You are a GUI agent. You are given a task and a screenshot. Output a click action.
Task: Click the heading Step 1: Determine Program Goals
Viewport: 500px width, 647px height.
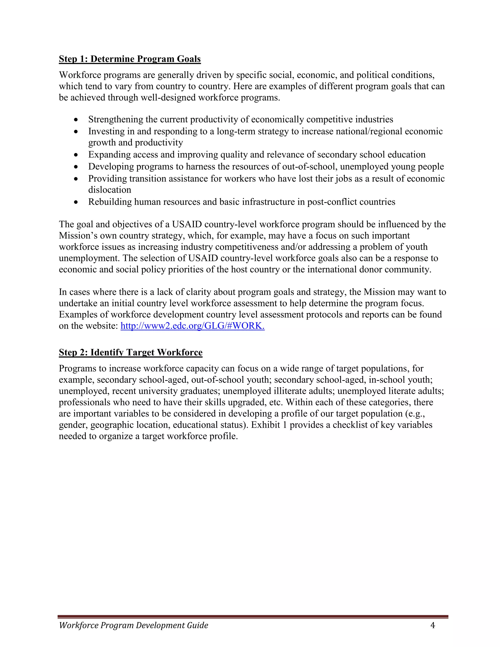point(130,59)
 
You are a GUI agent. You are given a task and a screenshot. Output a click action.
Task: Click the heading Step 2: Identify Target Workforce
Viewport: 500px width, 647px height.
point(131,352)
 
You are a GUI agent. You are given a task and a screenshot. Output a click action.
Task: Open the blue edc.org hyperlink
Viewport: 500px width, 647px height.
point(193,326)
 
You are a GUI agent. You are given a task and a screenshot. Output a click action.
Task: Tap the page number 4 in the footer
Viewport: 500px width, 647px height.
point(432,625)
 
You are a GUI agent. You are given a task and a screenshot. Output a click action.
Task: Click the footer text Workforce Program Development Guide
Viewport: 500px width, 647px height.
point(134,625)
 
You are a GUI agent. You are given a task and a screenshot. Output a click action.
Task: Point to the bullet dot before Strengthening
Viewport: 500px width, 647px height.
point(76,120)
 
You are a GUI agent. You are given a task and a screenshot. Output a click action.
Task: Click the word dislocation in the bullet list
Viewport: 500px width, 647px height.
point(110,190)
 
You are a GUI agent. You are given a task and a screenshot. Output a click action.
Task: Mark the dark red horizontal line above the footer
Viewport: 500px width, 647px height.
point(253,616)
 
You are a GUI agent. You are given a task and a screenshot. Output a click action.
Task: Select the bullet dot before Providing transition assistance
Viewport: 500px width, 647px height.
point(76,179)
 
